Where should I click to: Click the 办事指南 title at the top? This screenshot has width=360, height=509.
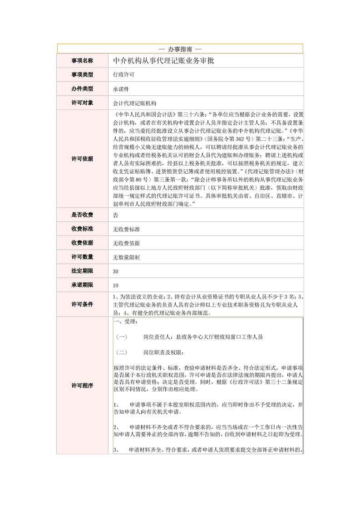coord(180,48)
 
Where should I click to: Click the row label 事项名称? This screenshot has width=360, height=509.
coord(82,60)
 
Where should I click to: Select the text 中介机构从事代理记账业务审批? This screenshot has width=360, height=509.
coord(163,60)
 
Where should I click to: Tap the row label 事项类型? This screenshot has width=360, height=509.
coord(82,74)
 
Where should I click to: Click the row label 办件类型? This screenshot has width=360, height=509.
coord(82,88)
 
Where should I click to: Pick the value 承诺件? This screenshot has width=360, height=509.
coord(121,89)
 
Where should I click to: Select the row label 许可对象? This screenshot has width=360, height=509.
coord(82,103)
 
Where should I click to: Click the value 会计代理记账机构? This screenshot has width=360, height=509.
coord(134,103)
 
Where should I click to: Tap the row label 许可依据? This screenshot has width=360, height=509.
coord(82,159)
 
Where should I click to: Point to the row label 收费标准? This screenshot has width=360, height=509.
coord(82,229)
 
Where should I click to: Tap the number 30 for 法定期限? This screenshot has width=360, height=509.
coord(116,271)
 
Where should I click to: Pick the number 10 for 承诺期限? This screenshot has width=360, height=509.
coord(116,285)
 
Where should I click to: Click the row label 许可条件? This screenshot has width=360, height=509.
coord(82,304)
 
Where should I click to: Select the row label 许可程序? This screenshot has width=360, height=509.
coord(82,386)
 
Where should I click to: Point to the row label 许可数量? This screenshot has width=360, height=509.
coord(82,257)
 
